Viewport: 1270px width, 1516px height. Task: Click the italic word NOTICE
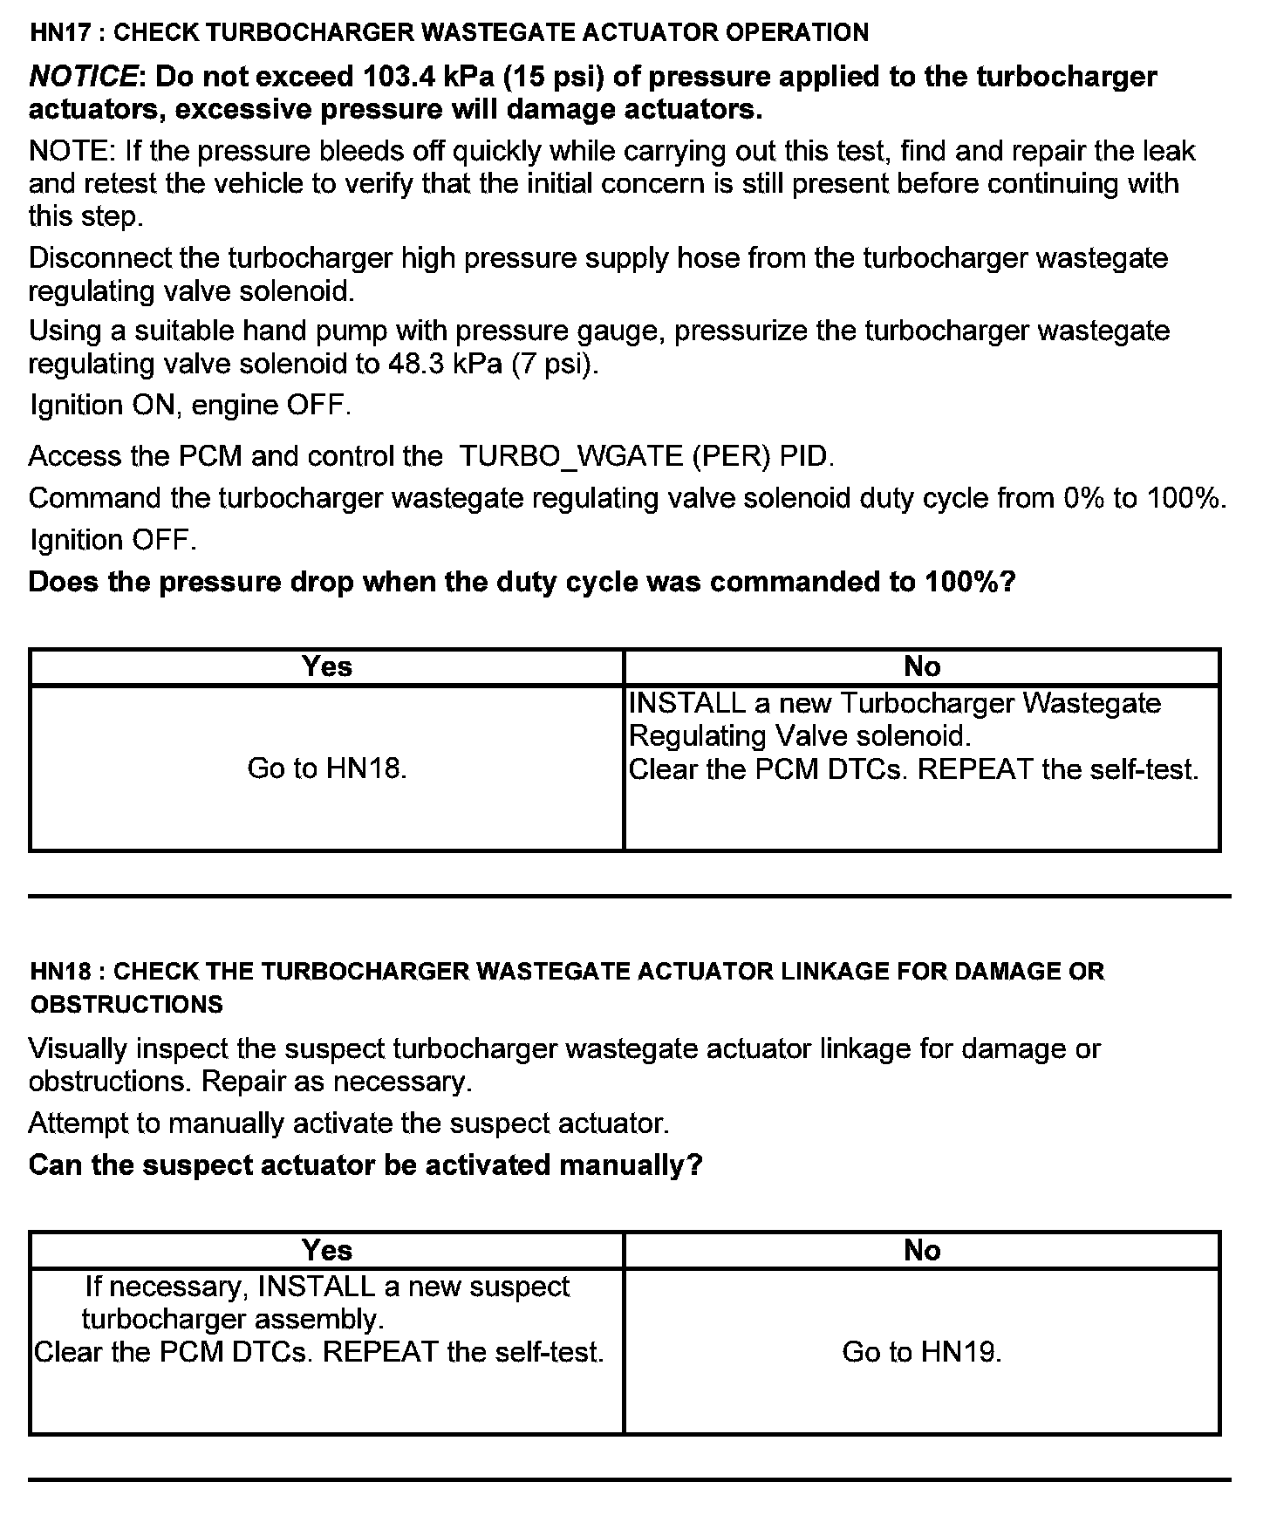click(x=83, y=78)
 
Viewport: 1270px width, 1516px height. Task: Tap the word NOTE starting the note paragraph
click(x=69, y=152)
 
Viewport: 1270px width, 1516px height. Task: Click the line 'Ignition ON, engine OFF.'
click(x=190, y=406)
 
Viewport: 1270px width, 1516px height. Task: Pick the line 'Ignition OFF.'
click(x=113, y=540)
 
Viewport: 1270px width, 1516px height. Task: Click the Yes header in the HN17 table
click(x=327, y=667)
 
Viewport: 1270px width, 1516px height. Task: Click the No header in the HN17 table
click(x=922, y=667)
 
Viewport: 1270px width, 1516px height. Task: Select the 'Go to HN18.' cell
click(x=327, y=768)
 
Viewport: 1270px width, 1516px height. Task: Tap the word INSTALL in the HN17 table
click(x=687, y=704)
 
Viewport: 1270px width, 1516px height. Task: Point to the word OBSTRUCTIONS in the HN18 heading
click(x=126, y=1005)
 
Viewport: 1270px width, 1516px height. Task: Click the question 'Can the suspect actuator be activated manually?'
click(x=365, y=1165)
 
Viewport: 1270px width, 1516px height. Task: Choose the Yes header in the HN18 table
click(x=327, y=1251)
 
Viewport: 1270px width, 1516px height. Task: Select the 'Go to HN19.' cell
click(x=922, y=1352)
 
